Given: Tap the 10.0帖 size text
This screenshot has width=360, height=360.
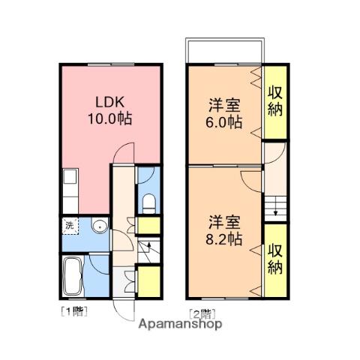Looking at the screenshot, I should click(108, 119).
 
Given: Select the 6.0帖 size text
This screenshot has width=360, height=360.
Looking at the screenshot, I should click(224, 121).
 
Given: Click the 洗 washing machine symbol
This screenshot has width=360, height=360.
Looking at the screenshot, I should click(69, 226).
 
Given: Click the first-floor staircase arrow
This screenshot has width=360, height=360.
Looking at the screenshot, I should click(148, 247).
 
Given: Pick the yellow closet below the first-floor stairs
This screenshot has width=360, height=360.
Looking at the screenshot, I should click(148, 280).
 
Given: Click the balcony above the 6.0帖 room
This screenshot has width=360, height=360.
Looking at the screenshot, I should click(224, 51).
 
